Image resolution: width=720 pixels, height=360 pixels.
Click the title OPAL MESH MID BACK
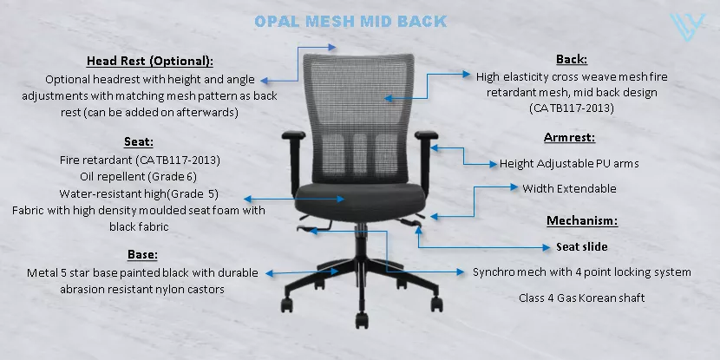pyautogui.click(x=350, y=21)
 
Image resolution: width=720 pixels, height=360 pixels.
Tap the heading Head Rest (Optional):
pyautogui.click(x=150, y=61)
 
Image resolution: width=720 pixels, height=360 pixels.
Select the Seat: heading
pyautogui.click(x=139, y=142)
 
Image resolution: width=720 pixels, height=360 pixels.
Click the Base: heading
pyautogui.click(x=142, y=254)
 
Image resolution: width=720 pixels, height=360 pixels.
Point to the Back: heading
pyautogui.click(x=572, y=59)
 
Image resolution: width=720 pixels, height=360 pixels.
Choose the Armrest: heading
pyautogui.click(x=569, y=138)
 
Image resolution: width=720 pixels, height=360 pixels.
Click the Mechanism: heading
pyautogui.click(x=582, y=221)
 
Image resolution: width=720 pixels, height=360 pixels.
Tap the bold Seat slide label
pyautogui.click(x=582, y=247)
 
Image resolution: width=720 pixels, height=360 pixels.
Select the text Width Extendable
pyautogui.click(x=569, y=189)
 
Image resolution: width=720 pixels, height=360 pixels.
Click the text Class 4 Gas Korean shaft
pyautogui.click(x=582, y=298)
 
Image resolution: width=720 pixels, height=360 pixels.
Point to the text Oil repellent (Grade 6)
pyautogui.click(x=138, y=177)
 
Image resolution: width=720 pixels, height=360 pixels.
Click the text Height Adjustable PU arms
pyautogui.click(x=569, y=163)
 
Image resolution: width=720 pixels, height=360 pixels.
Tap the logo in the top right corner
pyautogui.click(x=687, y=27)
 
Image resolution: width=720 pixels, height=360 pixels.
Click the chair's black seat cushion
pyautogui.click(x=361, y=200)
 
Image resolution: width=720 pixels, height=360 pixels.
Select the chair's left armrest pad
pyautogui.click(x=293, y=135)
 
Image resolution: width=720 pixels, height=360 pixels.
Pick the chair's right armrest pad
pyautogui.click(x=426, y=135)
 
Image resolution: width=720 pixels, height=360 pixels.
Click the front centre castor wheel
pyautogui.click(x=362, y=320)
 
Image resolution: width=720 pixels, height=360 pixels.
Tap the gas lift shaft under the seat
pyautogui.click(x=362, y=241)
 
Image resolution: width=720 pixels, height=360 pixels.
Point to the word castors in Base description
pyautogui.click(x=206, y=289)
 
